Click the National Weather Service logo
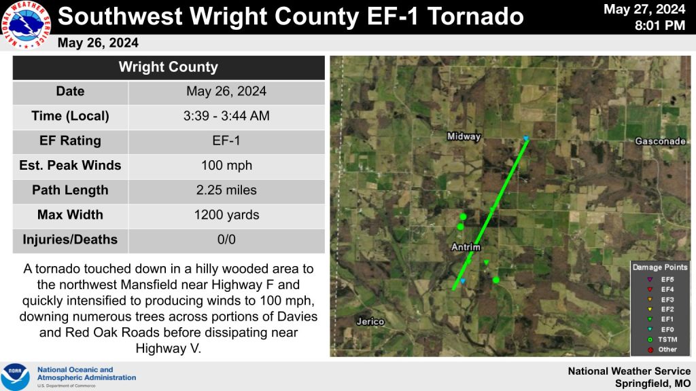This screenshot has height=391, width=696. [27, 25]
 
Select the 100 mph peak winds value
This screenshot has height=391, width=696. [226, 166]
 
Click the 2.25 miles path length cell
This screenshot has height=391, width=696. [226, 190]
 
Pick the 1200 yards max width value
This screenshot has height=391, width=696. [226, 215]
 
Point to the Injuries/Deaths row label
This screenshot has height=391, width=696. [70, 240]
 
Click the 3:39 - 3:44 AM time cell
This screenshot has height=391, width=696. [226, 115]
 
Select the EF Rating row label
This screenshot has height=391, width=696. [70, 141]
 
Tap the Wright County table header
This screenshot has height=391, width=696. [169, 67]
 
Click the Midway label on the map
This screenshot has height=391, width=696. [464, 136]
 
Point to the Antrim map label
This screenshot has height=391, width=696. [466, 247]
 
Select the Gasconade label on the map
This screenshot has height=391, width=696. [660, 141]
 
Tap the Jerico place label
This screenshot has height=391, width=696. [370, 321]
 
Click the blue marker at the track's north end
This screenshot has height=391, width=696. [526, 138]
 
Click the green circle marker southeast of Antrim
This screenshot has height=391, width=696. [495, 280]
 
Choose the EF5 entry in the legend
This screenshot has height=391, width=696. [661, 279]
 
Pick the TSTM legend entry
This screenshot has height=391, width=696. [662, 339]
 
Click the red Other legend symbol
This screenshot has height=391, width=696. [650, 350]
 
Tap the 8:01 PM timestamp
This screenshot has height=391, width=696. [659, 25]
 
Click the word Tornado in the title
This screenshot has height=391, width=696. [475, 16]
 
